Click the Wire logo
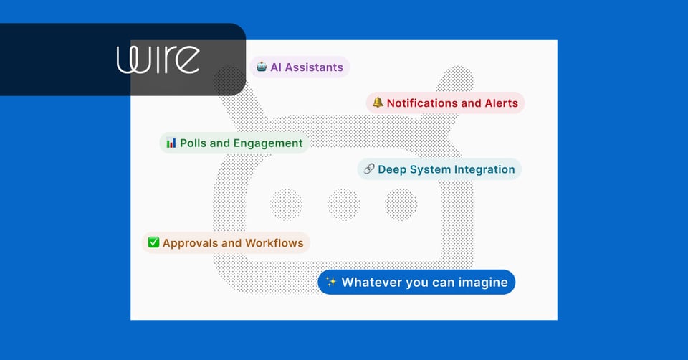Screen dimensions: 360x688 158,60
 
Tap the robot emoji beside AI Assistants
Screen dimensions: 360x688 262,67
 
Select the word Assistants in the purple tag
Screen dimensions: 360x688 315,67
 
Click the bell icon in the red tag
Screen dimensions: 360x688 378,103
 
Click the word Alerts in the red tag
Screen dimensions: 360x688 501,103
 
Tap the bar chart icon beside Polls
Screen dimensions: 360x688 171,143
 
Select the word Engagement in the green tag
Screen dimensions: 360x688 268,143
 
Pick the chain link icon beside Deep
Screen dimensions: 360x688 369,169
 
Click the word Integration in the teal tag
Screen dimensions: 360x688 482,169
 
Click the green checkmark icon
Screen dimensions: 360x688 153,242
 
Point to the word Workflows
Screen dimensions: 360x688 274,243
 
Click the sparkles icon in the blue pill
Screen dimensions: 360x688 330,282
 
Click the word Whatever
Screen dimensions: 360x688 371,282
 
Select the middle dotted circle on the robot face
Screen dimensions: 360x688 344,204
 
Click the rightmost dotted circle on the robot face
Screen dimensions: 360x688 401,204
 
